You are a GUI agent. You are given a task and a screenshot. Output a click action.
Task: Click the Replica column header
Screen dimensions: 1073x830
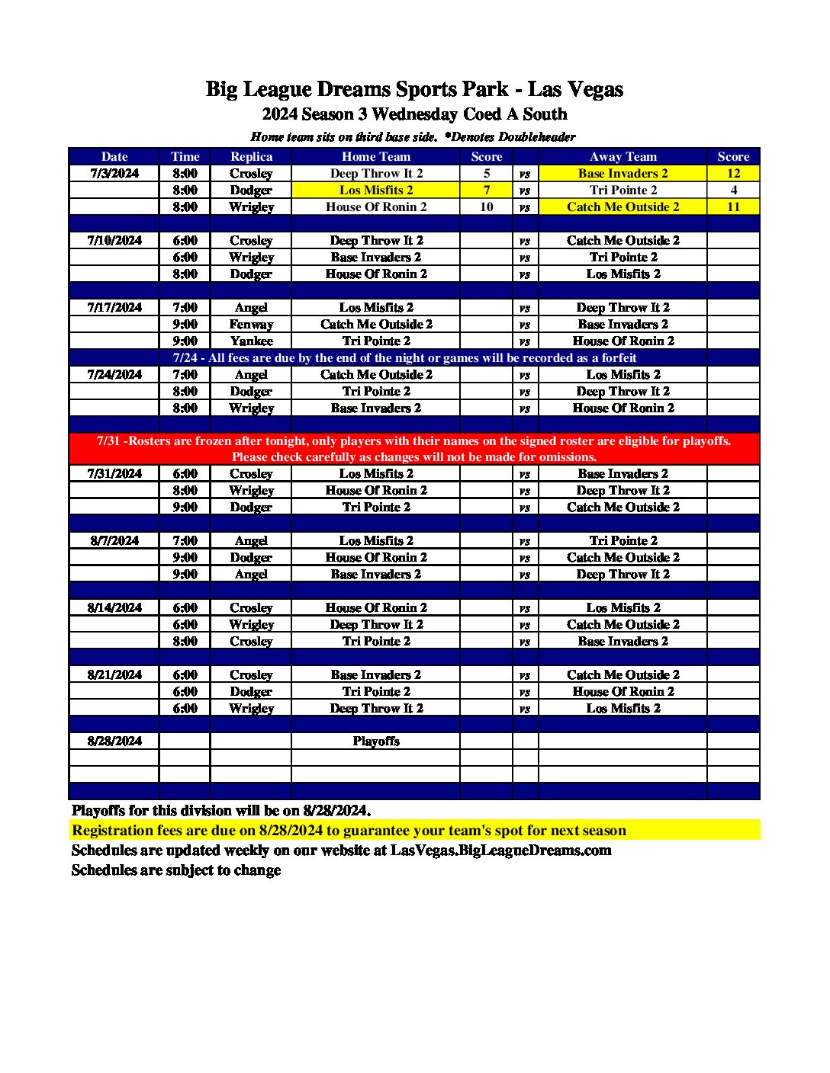tap(251, 156)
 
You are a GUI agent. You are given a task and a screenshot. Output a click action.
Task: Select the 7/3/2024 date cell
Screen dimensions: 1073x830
tap(114, 173)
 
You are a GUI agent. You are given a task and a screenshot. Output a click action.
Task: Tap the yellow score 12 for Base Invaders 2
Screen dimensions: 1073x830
tap(733, 173)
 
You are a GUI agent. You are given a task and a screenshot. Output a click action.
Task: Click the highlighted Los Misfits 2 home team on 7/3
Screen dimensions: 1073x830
tap(376, 190)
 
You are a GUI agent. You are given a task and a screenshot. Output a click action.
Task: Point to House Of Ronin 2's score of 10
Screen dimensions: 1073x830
tap(487, 207)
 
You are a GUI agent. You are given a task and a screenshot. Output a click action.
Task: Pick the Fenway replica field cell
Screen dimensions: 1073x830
tap(251, 324)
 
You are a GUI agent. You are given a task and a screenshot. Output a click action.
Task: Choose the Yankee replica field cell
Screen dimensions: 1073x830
tap(251, 341)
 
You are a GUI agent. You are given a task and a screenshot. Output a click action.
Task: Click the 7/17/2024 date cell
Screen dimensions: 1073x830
tap(114, 307)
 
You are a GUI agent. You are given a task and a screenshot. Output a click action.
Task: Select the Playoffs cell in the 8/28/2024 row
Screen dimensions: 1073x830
tap(376, 741)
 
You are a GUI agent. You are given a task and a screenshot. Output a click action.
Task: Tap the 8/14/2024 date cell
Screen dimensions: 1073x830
tap(114, 607)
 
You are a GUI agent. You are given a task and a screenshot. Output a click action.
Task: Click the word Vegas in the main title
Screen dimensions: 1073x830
tap(597, 90)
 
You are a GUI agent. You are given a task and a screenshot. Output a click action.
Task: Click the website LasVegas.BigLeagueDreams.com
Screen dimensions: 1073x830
tap(501, 850)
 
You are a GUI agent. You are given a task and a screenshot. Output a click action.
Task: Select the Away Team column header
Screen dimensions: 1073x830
tap(622, 156)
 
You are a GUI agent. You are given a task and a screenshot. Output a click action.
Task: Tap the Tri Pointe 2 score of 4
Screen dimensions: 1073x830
tap(733, 190)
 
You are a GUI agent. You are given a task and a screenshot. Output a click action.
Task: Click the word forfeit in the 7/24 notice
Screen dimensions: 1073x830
tap(619, 357)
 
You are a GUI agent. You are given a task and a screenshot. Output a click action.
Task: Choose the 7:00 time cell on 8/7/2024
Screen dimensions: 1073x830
tap(185, 540)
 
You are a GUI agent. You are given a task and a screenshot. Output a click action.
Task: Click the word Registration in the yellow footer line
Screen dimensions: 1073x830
tap(112, 831)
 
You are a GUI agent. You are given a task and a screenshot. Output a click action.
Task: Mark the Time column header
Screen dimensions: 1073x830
tap(185, 156)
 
